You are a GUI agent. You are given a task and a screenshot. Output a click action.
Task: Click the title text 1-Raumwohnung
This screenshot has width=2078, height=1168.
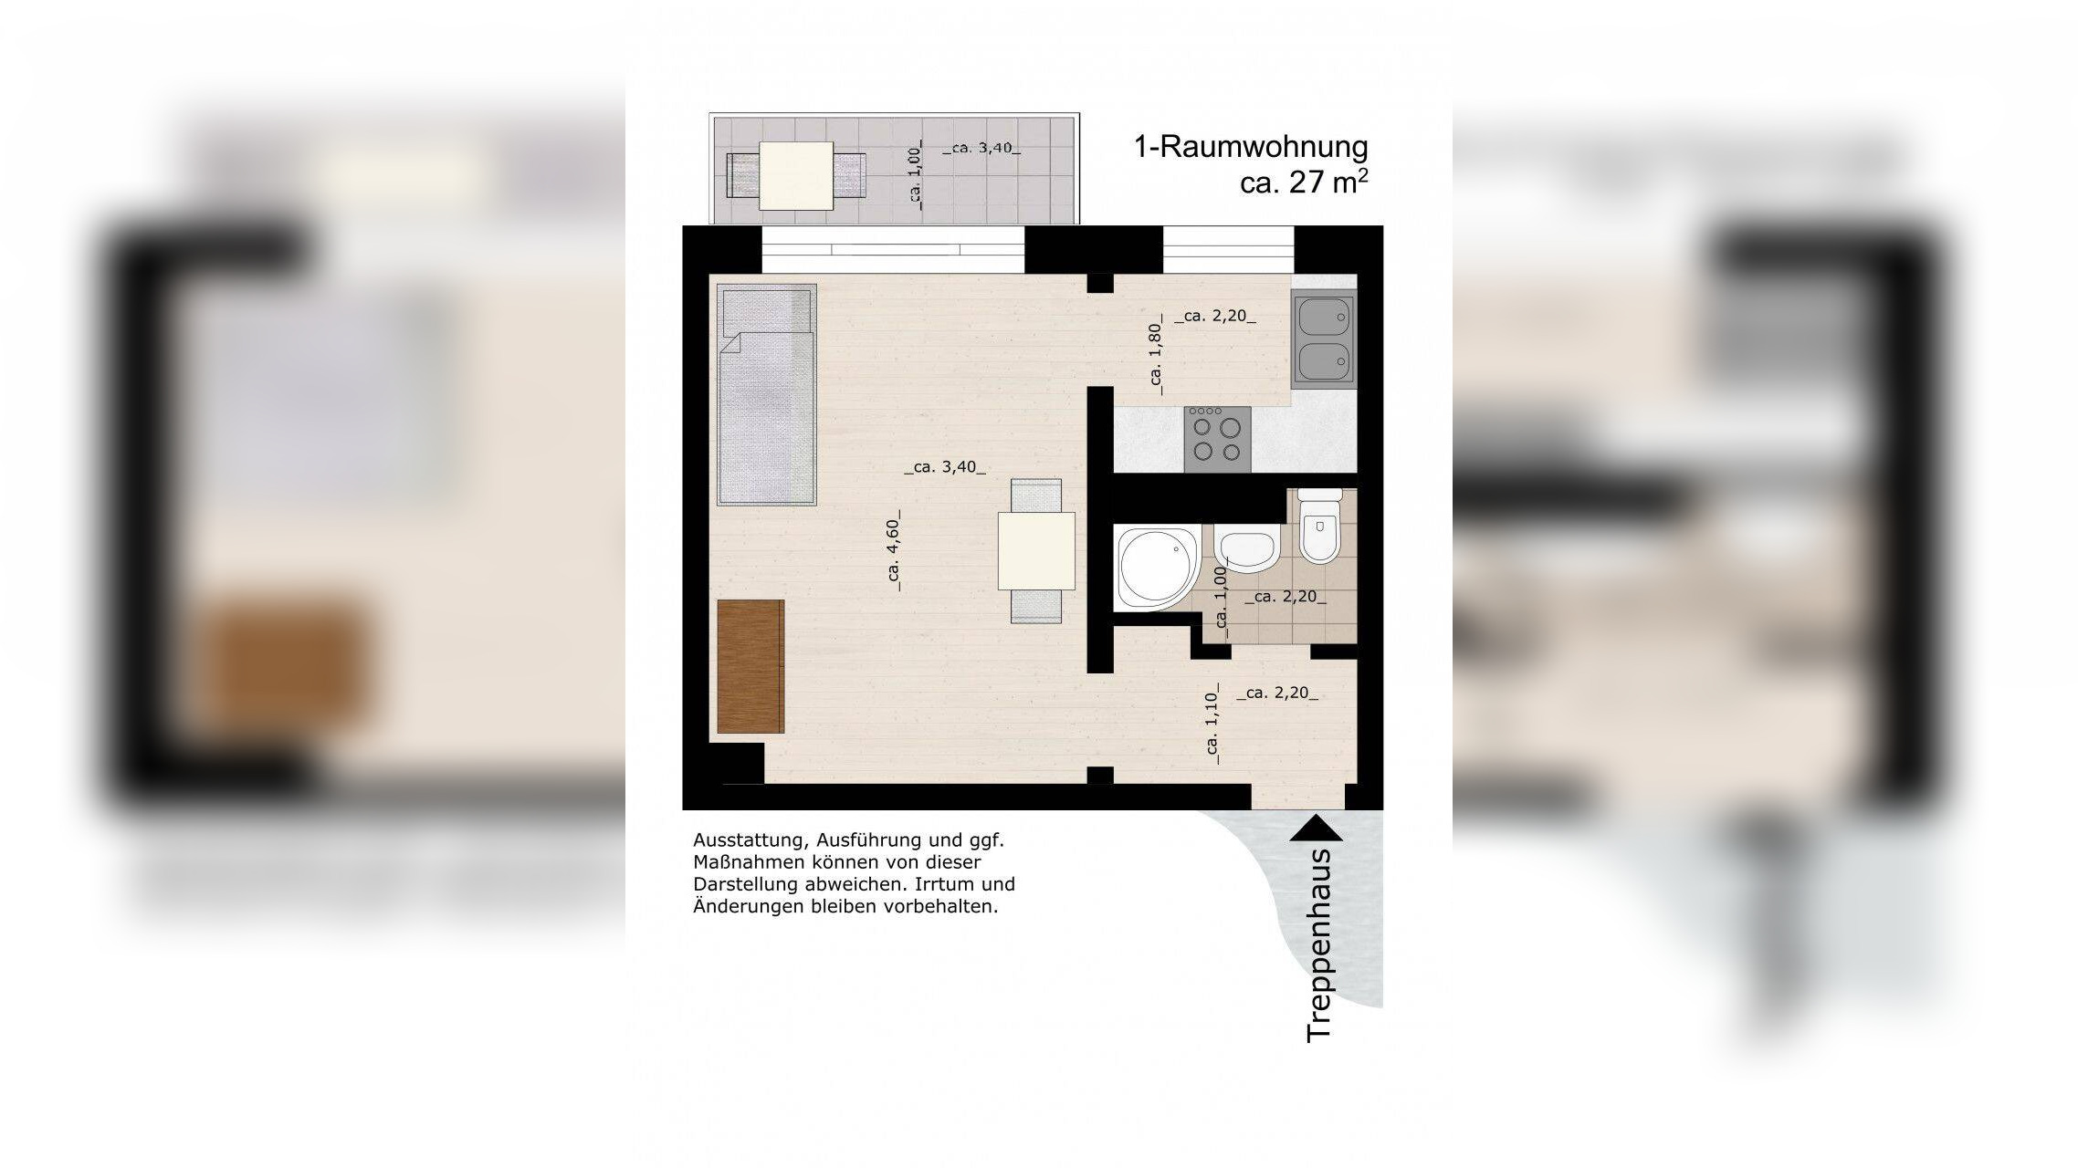[1251, 147]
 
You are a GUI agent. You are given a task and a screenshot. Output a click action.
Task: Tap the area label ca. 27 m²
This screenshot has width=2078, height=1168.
[1304, 182]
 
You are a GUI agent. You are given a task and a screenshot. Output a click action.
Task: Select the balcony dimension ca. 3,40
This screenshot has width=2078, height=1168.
[981, 148]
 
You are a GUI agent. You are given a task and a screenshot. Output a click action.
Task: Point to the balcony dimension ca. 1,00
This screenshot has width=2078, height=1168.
[916, 176]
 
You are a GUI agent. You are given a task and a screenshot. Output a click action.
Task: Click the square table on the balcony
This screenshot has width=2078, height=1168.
[796, 176]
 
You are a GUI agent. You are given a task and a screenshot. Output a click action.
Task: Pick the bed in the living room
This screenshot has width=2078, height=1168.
[767, 395]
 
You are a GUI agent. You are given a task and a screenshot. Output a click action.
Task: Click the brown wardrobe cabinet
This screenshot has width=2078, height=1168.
[750, 666]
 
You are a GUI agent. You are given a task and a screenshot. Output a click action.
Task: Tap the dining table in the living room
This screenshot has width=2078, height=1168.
[1036, 550]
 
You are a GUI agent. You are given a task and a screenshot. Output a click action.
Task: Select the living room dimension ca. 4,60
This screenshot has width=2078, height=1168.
[894, 550]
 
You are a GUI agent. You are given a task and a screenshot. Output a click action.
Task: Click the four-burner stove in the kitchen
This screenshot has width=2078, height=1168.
[1217, 439]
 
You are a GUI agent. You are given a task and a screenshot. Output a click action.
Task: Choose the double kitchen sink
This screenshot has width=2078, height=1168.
[1324, 339]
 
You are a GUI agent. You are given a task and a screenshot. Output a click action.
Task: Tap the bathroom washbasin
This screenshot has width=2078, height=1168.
[1246, 550]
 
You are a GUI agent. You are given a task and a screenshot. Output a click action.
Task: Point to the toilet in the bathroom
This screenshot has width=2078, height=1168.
[1319, 527]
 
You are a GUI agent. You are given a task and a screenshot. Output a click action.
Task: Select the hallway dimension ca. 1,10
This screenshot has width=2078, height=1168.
[1212, 724]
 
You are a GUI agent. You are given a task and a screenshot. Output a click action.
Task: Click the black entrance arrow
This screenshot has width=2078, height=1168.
[1316, 828]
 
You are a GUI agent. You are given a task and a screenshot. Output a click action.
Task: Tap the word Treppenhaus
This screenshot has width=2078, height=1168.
[1320, 945]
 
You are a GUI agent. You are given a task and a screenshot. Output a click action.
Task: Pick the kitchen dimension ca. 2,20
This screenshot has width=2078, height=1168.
[1215, 317]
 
